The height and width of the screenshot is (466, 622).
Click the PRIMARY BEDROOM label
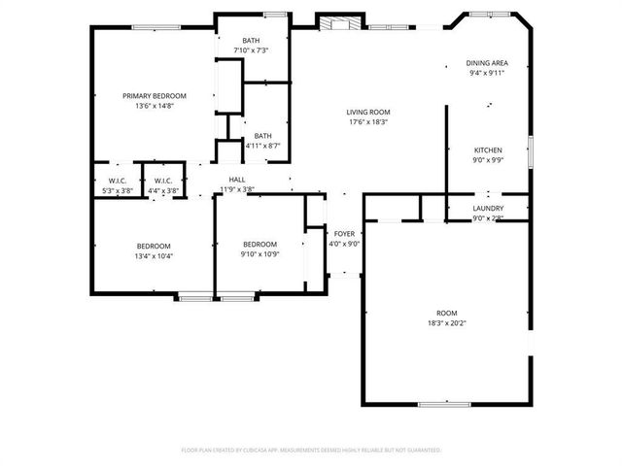(154, 96)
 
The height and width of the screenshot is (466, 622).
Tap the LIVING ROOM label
(368, 113)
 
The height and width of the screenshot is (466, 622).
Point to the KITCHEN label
(488, 150)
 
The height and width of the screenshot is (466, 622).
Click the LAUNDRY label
(488, 208)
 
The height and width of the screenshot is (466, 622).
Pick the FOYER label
(345, 234)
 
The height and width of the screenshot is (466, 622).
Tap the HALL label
(237, 180)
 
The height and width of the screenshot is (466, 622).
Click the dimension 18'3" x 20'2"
(446, 323)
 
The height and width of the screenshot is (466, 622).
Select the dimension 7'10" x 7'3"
(251, 50)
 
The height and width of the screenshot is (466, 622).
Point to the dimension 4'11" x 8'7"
(262, 146)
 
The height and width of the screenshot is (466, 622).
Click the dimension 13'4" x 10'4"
(154, 255)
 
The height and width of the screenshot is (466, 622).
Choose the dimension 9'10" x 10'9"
(260, 254)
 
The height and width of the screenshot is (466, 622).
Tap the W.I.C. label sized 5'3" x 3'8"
(117, 190)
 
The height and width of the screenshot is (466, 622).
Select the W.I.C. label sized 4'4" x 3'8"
(162, 190)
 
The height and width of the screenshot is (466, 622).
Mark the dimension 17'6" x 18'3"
(368, 122)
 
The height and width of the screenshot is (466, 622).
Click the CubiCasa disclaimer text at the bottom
(311, 450)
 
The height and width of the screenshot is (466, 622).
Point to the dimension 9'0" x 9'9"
(488, 160)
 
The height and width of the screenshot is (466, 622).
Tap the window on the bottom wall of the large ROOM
(446, 404)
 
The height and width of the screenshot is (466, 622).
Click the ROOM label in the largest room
(446, 313)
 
